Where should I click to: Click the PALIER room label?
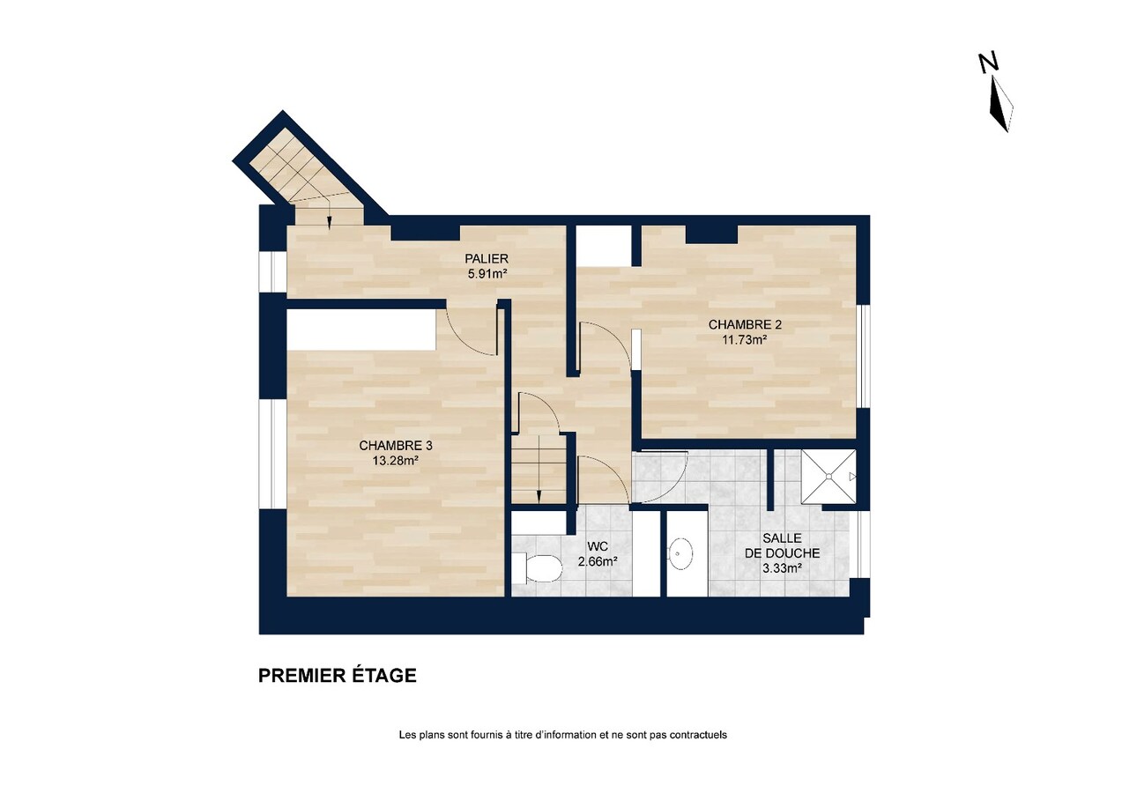pos(487,258)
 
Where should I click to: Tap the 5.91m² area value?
pos(487,273)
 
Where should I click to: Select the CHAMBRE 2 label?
pos(745,324)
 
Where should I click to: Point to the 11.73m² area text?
pos(745,339)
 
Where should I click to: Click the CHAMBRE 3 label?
pos(395,446)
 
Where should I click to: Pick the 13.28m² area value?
pos(395,460)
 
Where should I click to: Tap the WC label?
pos(597,546)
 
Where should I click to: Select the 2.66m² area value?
pos(597,561)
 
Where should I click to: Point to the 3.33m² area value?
pos(782,568)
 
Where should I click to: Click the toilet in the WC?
pos(538,569)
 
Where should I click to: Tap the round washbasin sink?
pos(680,555)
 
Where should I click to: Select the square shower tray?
pos(828,477)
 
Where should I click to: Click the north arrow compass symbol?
pos(999,104)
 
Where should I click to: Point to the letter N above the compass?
pos(988,62)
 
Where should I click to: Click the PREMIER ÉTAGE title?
pos(337,676)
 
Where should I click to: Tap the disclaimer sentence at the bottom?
pos(562,735)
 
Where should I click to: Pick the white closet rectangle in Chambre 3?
pos(361,329)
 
